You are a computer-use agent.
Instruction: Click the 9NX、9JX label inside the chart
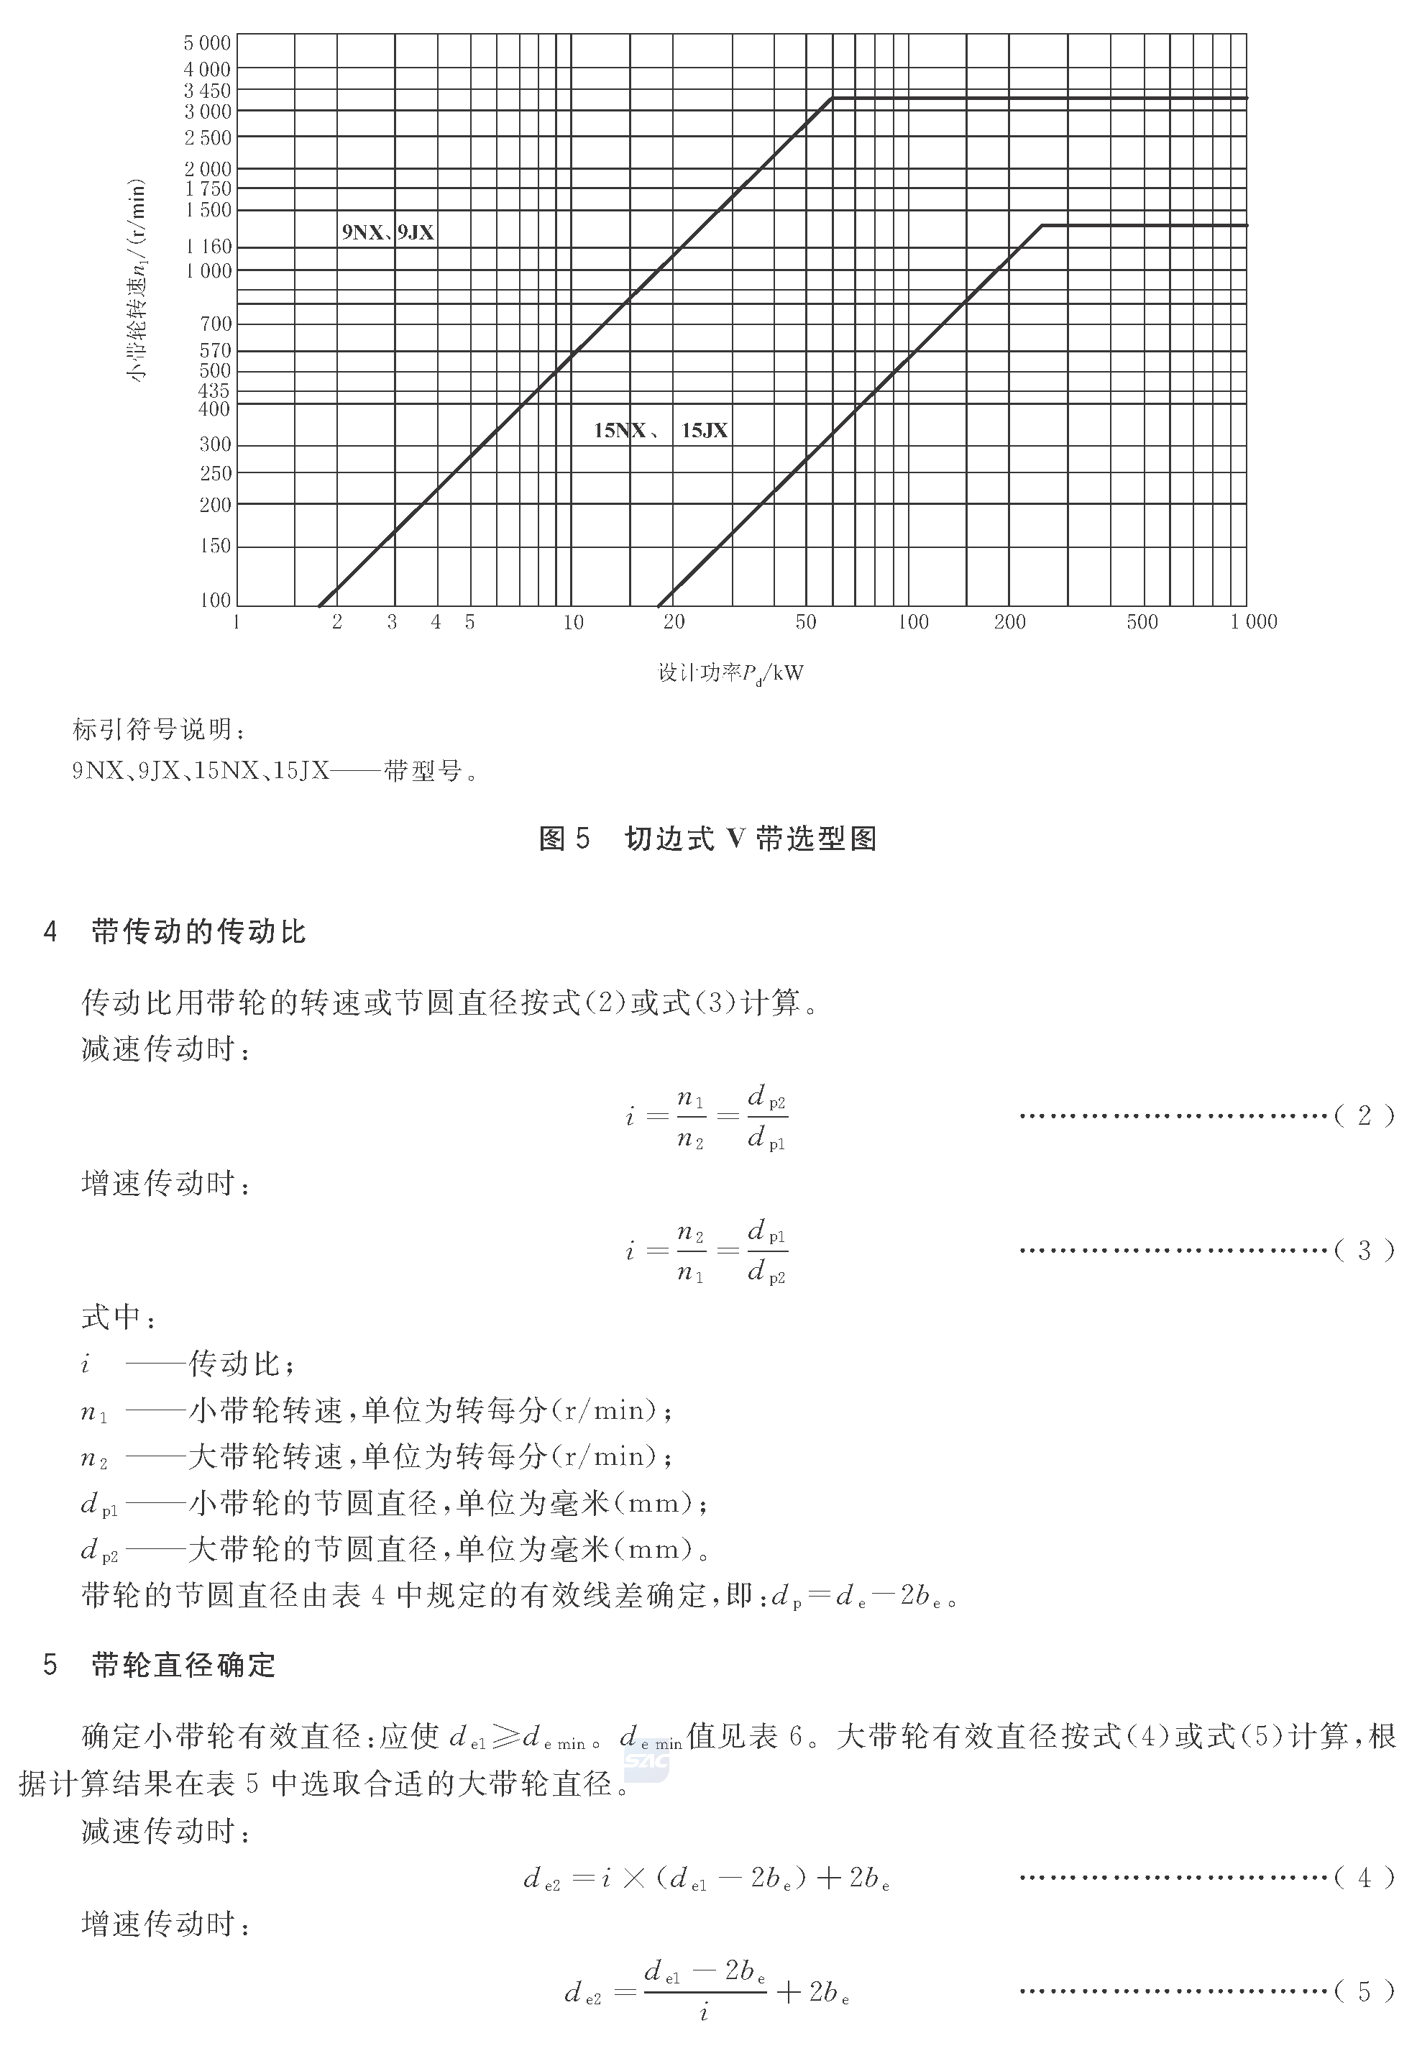click(388, 233)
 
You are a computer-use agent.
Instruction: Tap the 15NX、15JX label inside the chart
click(661, 431)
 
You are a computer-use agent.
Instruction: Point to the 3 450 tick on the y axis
click(207, 91)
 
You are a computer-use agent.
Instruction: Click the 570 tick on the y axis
click(215, 351)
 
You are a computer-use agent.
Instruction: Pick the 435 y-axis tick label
click(215, 391)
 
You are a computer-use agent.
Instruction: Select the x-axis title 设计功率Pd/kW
click(730, 673)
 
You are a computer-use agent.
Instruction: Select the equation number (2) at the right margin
click(1364, 1116)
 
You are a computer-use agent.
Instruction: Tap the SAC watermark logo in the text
click(646, 1760)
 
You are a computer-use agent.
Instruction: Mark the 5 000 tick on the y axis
click(207, 42)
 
